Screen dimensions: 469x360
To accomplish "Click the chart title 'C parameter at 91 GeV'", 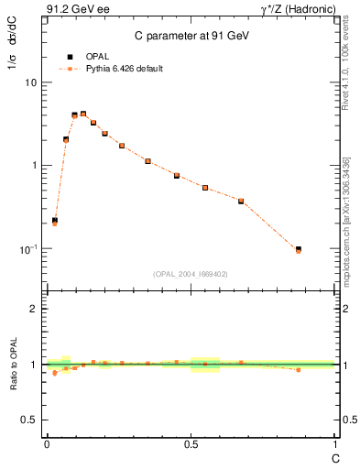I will click(x=191, y=35).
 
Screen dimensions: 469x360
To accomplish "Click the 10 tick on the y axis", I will click(x=32, y=82).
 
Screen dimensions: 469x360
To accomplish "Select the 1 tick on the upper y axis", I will click(x=35, y=166).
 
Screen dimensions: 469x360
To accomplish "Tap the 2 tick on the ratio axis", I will click(x=35, y=309).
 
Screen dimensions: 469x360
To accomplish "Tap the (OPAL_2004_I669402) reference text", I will click(x=191, y=273).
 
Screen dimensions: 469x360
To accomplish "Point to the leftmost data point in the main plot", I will click(x=54, y=221).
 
